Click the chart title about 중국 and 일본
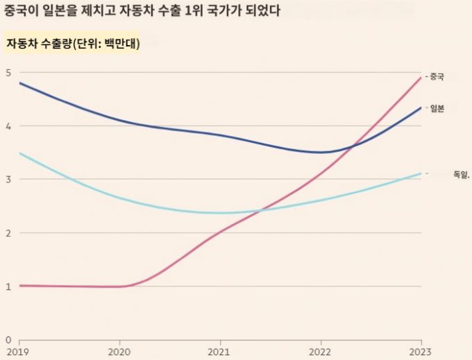143,12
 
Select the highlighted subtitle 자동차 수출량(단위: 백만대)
73,43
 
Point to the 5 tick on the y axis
8,73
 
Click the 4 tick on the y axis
8,126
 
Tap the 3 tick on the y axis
8,180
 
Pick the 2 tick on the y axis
8,233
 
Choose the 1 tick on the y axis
8,286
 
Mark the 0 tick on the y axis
8,340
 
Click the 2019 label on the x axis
19,352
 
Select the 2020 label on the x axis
119,352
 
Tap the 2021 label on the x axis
220,352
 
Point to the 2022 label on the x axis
321,352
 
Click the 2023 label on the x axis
421,352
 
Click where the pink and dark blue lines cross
353,146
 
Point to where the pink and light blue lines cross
260,210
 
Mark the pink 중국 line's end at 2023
421,78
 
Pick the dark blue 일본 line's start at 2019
19,83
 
